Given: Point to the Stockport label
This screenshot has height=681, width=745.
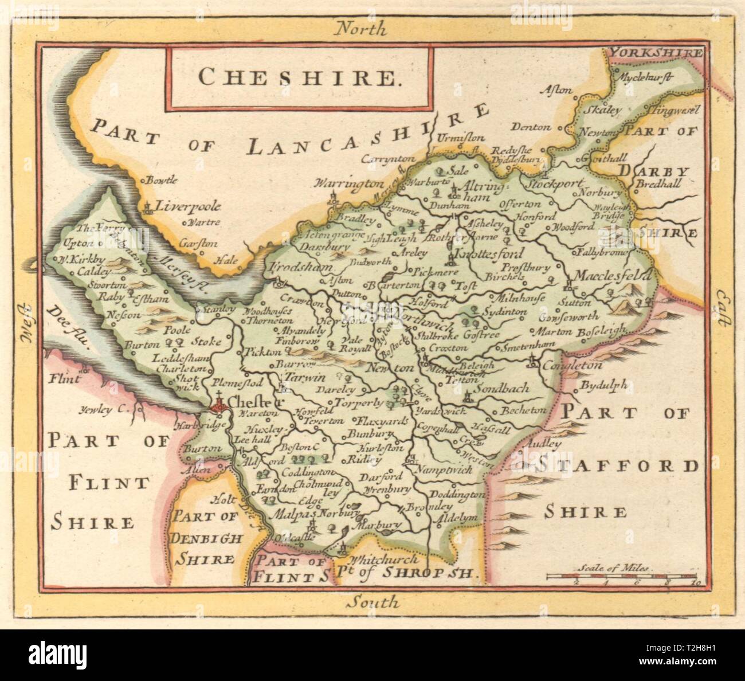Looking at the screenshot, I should point(553,185).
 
